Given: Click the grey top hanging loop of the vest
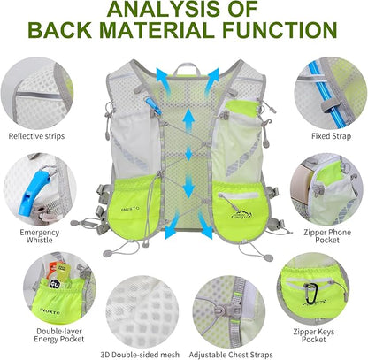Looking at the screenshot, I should tap(183, 66).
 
